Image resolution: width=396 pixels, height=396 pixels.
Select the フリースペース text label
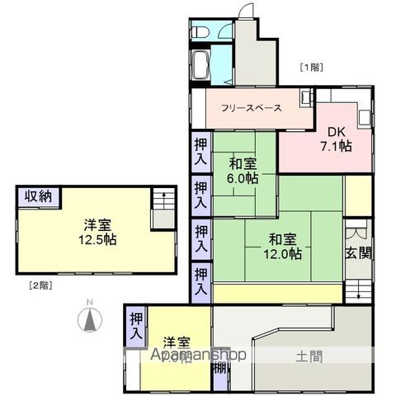click(x=251, y=108)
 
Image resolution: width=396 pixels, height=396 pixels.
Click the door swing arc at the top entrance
click(x=245, y=12)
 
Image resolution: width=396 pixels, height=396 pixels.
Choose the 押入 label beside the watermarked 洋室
click(x=135, y=325)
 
